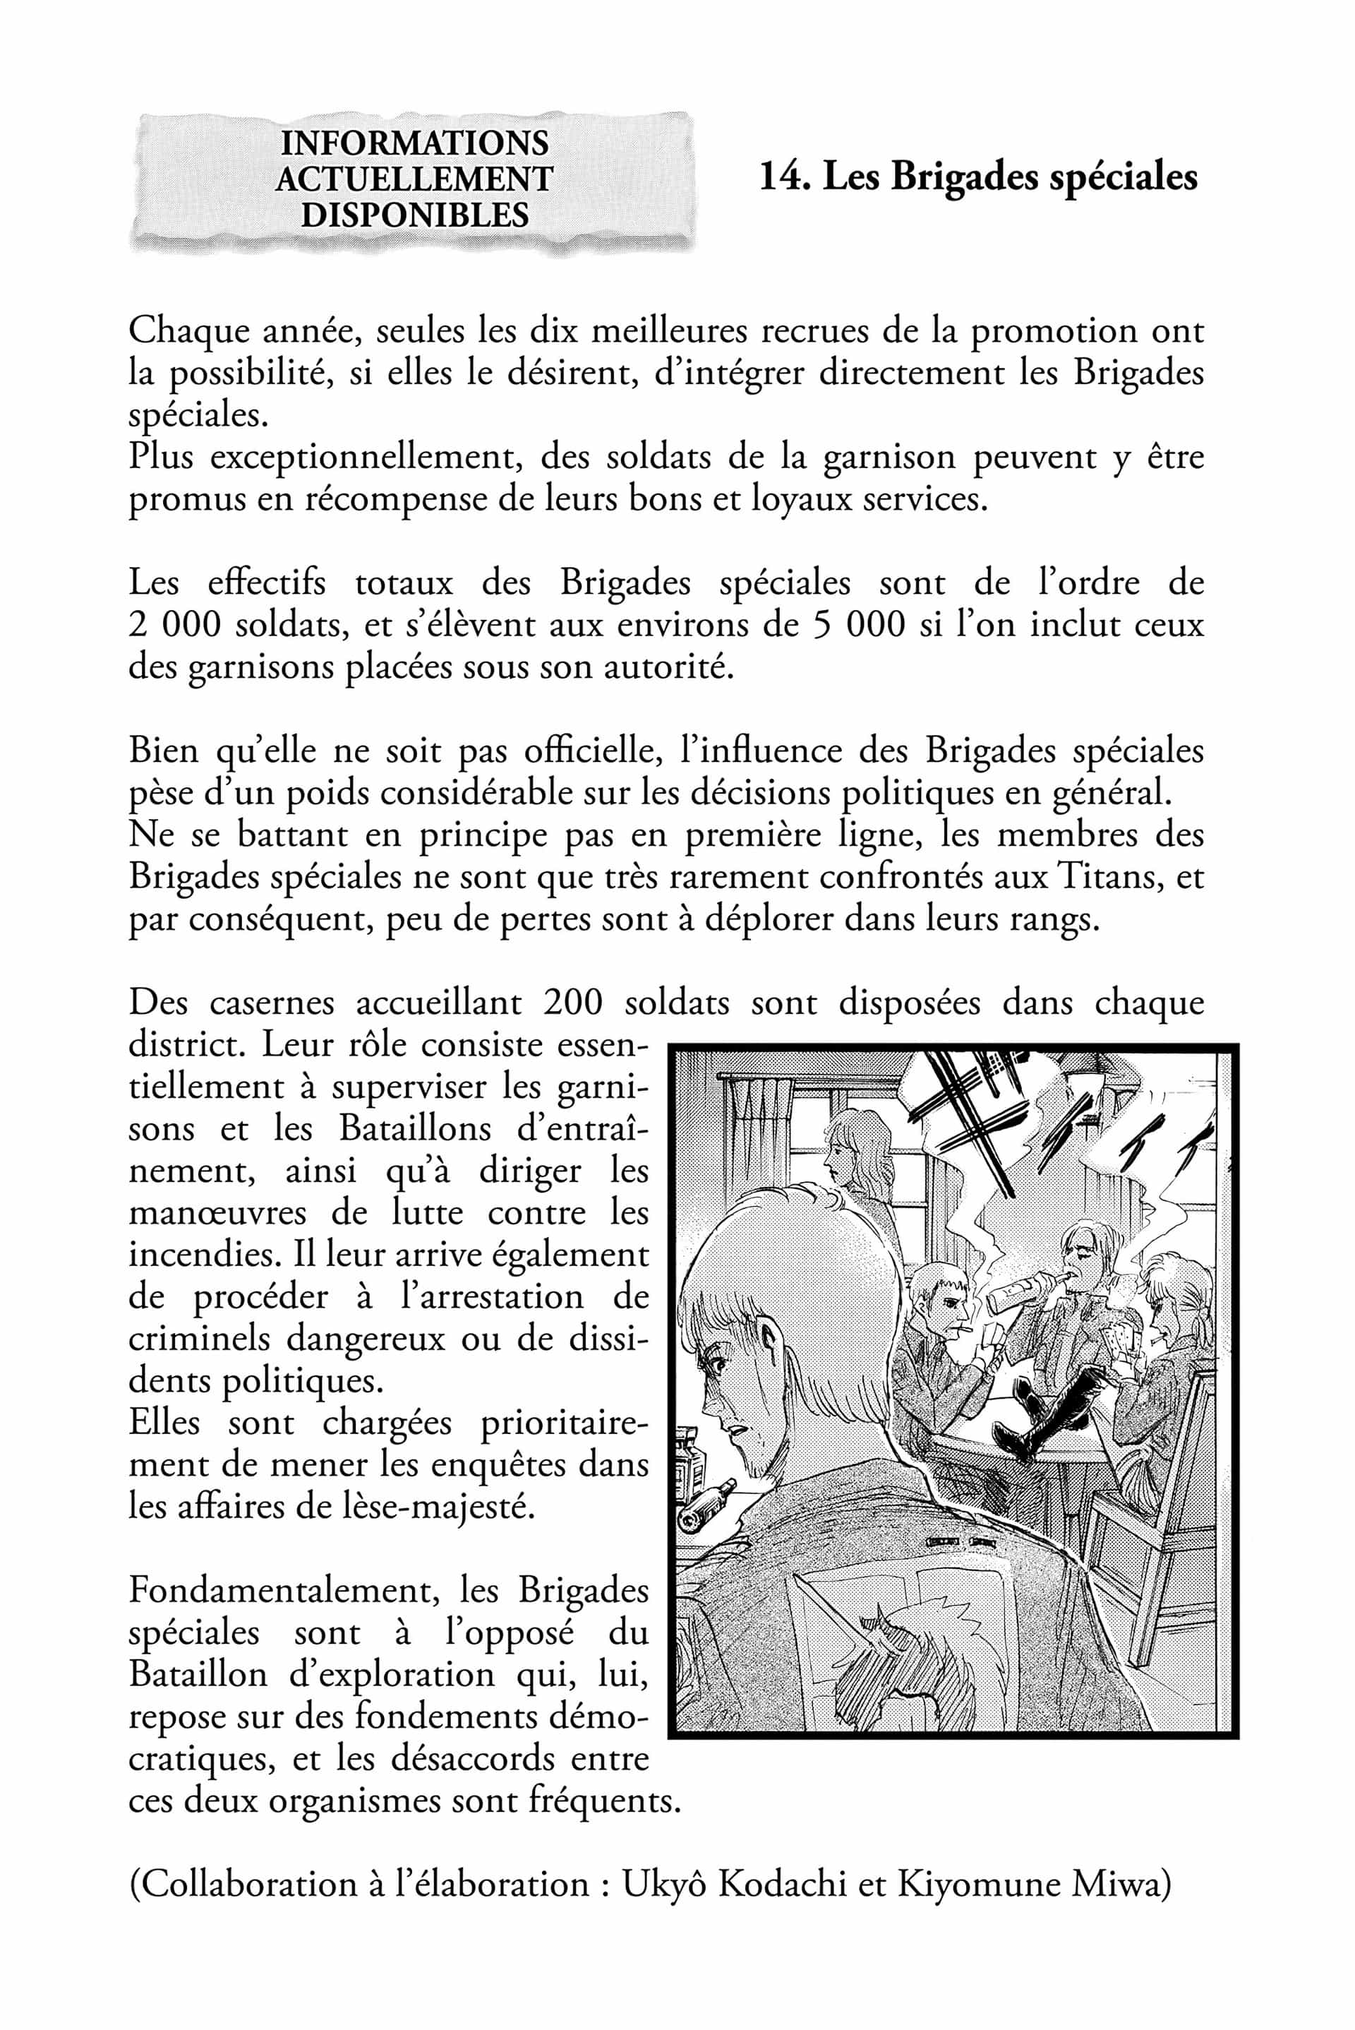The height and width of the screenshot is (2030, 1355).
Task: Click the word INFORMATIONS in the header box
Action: click(x=414, y=143)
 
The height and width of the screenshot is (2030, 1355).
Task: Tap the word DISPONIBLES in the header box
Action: click(x=414, y=215)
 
